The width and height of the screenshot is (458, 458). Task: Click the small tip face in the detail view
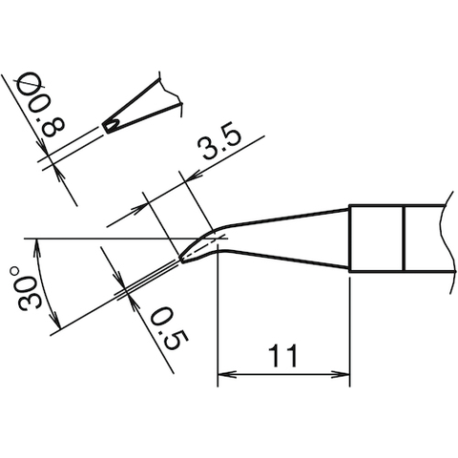tap(112, 125)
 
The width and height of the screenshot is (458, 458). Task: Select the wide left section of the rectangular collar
tap(376, 239)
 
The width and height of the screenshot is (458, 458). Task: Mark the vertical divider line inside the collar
tap(404, 239)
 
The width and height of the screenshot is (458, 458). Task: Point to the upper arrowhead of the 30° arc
tap(35, 245)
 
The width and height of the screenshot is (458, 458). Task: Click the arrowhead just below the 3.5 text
tap(188, 177)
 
